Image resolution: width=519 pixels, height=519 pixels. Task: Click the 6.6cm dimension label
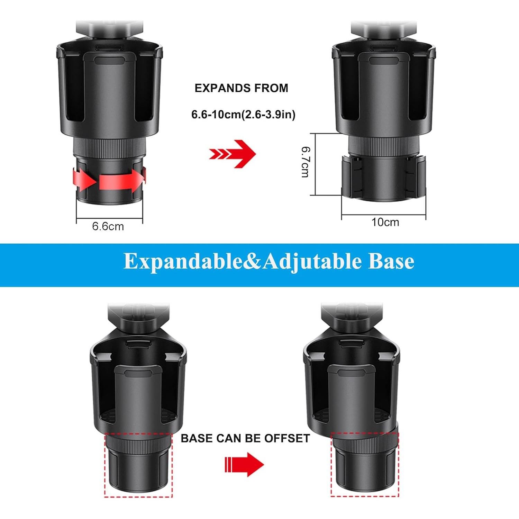[108, 226]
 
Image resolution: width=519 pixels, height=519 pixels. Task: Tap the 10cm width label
[385, 222]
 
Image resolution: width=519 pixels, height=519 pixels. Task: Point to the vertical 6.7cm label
[305, 162]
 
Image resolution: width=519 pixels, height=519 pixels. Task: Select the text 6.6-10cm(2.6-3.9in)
[243, 114]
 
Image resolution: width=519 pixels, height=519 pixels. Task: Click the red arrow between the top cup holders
[233, 154]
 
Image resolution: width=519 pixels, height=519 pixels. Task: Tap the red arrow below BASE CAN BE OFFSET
[244, 464]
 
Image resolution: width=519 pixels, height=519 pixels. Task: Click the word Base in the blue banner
[391, 261]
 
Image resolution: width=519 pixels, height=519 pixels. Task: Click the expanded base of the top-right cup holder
[383, 180]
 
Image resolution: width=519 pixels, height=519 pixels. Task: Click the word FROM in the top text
[271, 88]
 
